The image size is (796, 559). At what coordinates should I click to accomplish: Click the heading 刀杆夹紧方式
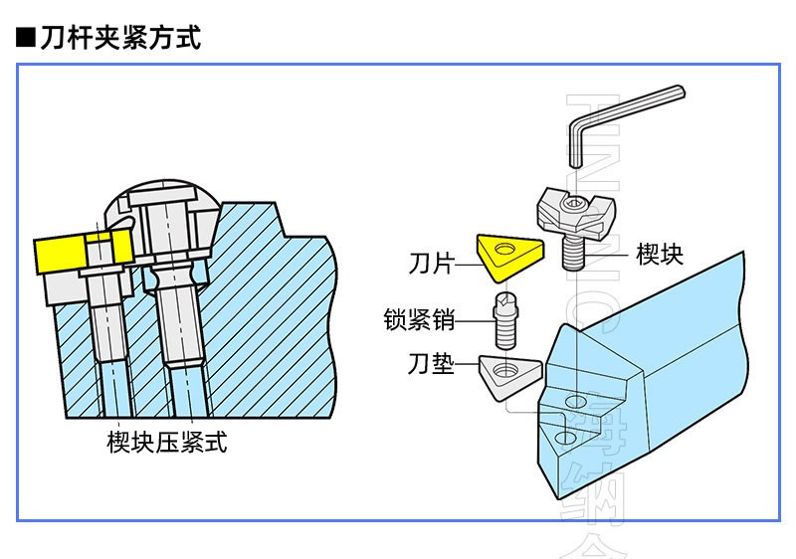pyautogui.click(x=121, y=39)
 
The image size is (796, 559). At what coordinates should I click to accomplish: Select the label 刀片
pyautogui.click(x=430, y=264)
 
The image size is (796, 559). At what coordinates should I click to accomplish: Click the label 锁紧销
pyautogui.click(x=419, y=320)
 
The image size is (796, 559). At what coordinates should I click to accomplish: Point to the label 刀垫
pyautogui.click(x=431, y=366)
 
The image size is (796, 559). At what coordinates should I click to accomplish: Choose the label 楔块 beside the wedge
pyautogui.click(x=660, y=254)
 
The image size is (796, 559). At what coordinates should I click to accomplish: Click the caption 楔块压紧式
pyautogui.click(x=166, y=443)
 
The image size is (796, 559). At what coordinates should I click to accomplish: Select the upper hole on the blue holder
pyautogui.click(x=575, y=401)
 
